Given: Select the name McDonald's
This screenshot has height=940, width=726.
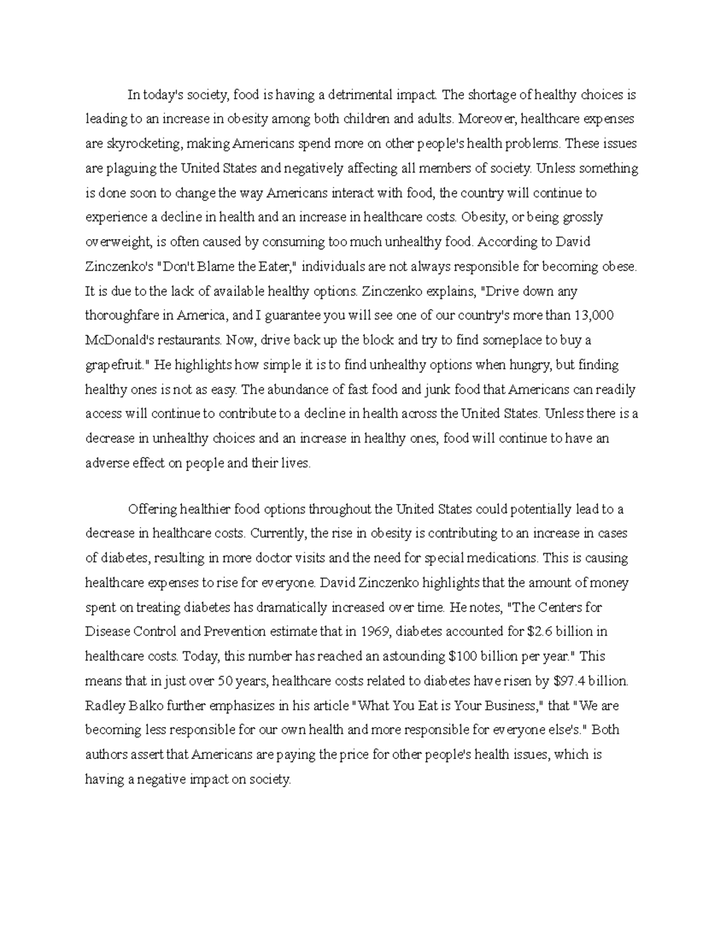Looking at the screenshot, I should [x=121, y=340].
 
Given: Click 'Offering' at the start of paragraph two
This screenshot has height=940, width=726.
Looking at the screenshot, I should [x=152, y=510].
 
